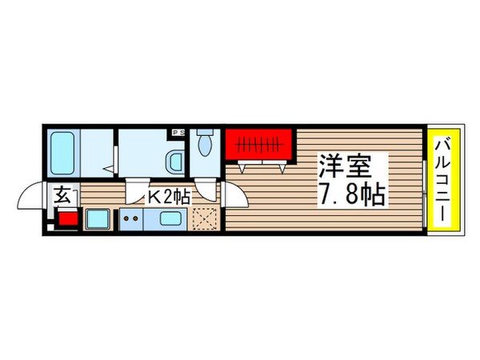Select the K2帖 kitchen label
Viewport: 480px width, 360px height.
click(166, 197)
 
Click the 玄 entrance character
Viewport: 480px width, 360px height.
click(63, 194)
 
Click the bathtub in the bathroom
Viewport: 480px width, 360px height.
click(63, 154)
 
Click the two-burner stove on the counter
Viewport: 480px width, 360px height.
click(130, 218)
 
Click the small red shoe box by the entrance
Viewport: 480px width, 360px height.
click(67, 218)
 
